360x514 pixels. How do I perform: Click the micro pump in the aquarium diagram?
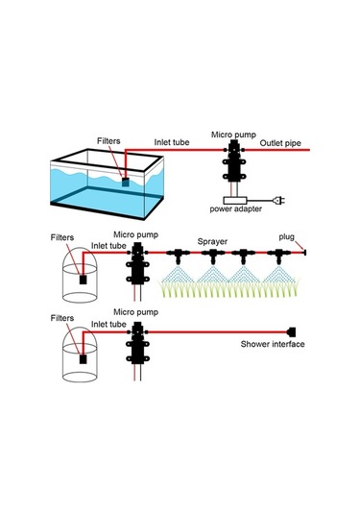click(232, 167)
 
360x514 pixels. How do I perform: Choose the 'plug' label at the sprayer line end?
click(287, 235)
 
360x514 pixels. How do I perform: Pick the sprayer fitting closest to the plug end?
click(278, 256)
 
